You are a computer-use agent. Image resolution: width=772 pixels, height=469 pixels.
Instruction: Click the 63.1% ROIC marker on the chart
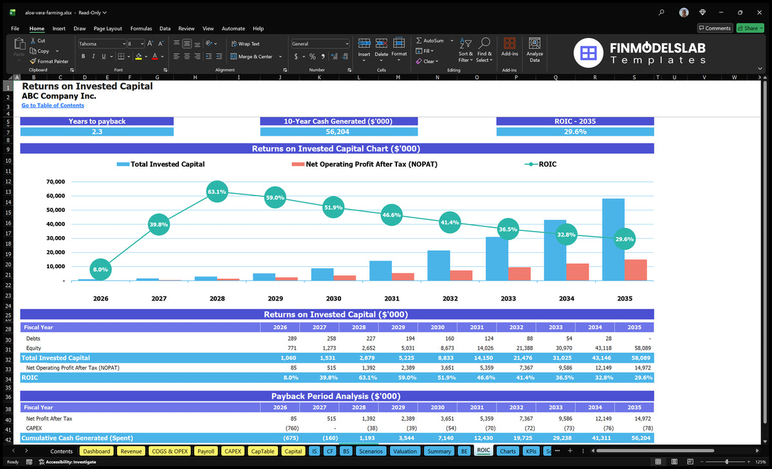click(x=217, y=192)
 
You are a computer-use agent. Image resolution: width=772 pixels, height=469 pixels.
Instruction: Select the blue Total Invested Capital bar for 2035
click(x=613, y=239)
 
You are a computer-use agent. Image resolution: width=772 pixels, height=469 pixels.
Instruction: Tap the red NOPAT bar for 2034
click(x=577, y=272)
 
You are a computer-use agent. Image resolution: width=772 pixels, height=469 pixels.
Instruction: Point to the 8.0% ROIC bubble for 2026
click(x=100, y=270)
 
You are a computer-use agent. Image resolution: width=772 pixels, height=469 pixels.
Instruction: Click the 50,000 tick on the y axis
click(x=55, y=210)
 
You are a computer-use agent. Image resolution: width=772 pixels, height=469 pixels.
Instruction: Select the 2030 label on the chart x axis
click(x=333, y=299)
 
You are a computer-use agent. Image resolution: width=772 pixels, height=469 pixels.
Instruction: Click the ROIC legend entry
click(x=540, y=164)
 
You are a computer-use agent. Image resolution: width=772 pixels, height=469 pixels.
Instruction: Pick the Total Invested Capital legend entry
click(x=161, y=164)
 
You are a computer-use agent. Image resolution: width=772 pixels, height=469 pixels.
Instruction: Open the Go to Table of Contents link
click(x=53, y=106)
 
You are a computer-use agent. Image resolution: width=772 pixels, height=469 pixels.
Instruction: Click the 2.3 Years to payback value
click(x=97, y=132)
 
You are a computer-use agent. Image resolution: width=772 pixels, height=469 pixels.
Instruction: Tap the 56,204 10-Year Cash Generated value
click(x=337, y=132)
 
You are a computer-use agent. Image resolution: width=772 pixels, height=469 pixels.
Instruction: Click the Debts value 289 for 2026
click(x=292, y=338)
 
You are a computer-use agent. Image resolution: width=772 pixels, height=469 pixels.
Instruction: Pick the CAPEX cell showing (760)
click(x=292, y=428)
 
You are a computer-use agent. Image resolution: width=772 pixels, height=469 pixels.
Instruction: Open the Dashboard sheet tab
click(x=96, y=451)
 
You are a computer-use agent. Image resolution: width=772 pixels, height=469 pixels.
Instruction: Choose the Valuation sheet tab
click(x=405, y=451)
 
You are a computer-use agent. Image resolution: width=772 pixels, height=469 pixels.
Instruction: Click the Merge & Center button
click(x=255, y=57)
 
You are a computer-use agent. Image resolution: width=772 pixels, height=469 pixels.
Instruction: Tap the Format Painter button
click(x=50, y=61)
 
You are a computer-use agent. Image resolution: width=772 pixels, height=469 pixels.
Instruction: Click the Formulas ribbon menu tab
click(x=141, y=28)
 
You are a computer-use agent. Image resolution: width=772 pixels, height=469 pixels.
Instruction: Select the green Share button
click(x=750, y=28)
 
